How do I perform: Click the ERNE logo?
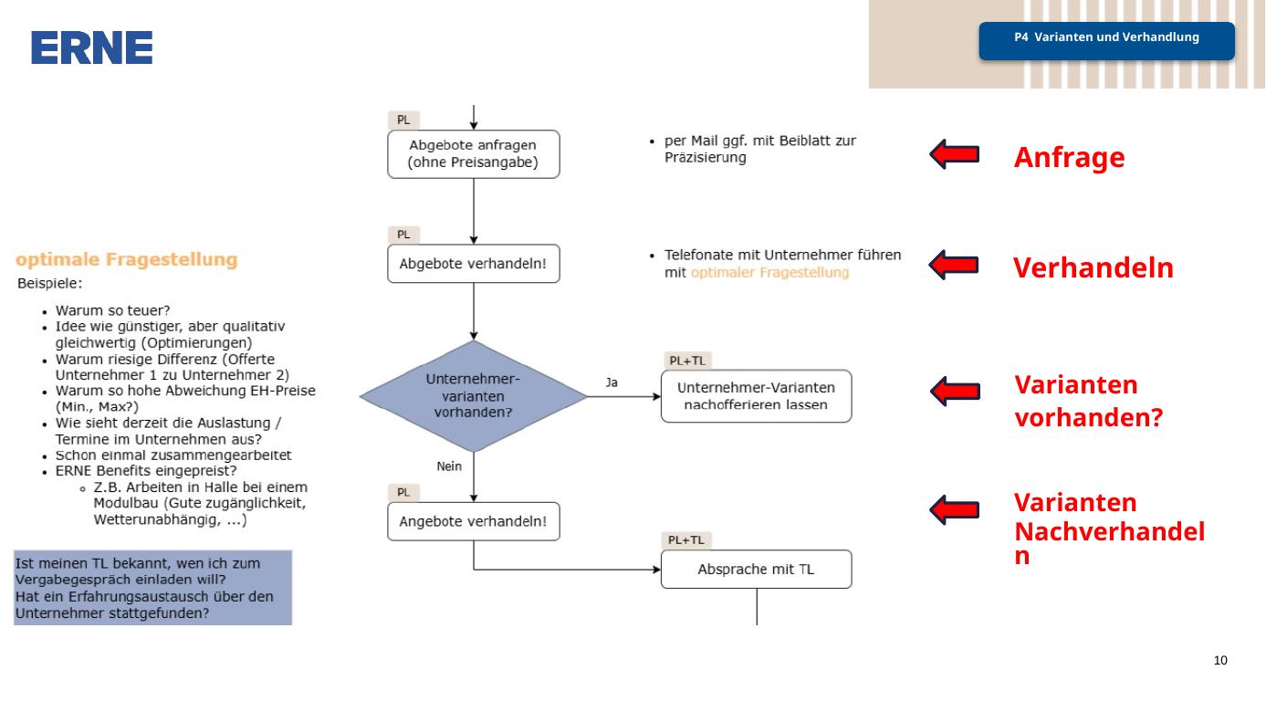(91, 47)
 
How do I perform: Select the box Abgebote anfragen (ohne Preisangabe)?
(474, 154)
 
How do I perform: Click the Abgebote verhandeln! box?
(474, 263)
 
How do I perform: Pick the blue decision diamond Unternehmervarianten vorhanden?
(474, 396)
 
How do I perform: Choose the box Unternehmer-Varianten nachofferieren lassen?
(756, 396)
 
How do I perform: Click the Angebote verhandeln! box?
(474, 521)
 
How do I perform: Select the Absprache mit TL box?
(756, 569)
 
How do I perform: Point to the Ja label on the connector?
(612, 382)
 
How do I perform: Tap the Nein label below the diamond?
(449, 466)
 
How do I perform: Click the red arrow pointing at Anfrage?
(955, 154)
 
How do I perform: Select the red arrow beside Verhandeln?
(955, 265)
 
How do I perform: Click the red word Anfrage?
(1070, 158)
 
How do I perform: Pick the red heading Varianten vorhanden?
(1089, 402)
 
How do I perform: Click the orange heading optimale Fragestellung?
(127, 259)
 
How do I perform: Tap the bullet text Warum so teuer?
(112, 310)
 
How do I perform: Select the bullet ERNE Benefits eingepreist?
(146, 471)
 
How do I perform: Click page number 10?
(1220, 660)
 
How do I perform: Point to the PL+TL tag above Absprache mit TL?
(686, 540)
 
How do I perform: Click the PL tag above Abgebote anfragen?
(403, 120)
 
